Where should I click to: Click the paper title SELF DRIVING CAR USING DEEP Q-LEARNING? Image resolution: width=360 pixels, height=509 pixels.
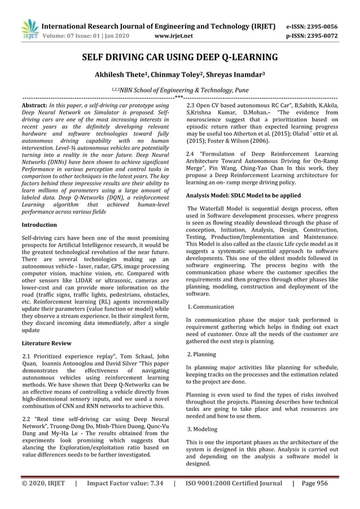click(180, 57)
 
